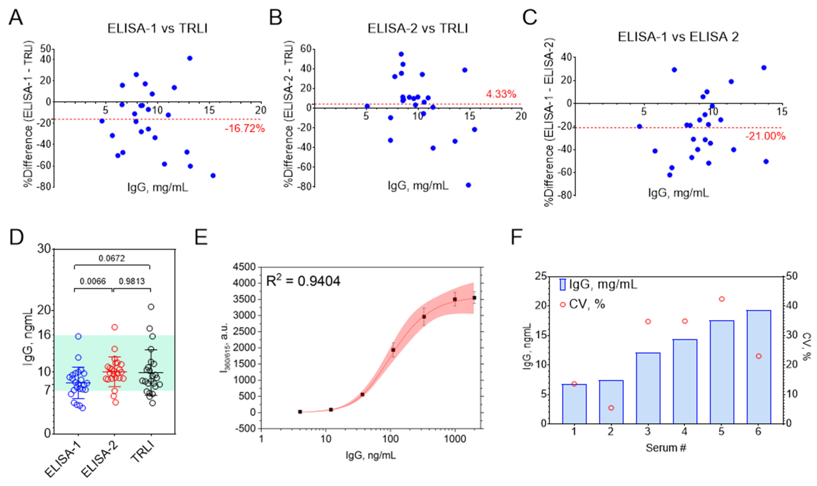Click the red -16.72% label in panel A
[244, 129]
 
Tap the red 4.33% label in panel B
[501, 94]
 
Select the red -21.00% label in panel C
[765, 136]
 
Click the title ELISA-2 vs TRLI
[418, 29]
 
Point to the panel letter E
[201, 237]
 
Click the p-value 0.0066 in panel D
[93, 281]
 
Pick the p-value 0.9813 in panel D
[132, 281]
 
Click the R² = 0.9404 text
[303, 281]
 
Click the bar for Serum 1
[574, 404]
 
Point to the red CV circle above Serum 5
[721, 299]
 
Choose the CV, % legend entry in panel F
[582, 304]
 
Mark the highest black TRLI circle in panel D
[151, 307]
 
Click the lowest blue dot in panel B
[468, 185]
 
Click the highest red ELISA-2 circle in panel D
[115, 327]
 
